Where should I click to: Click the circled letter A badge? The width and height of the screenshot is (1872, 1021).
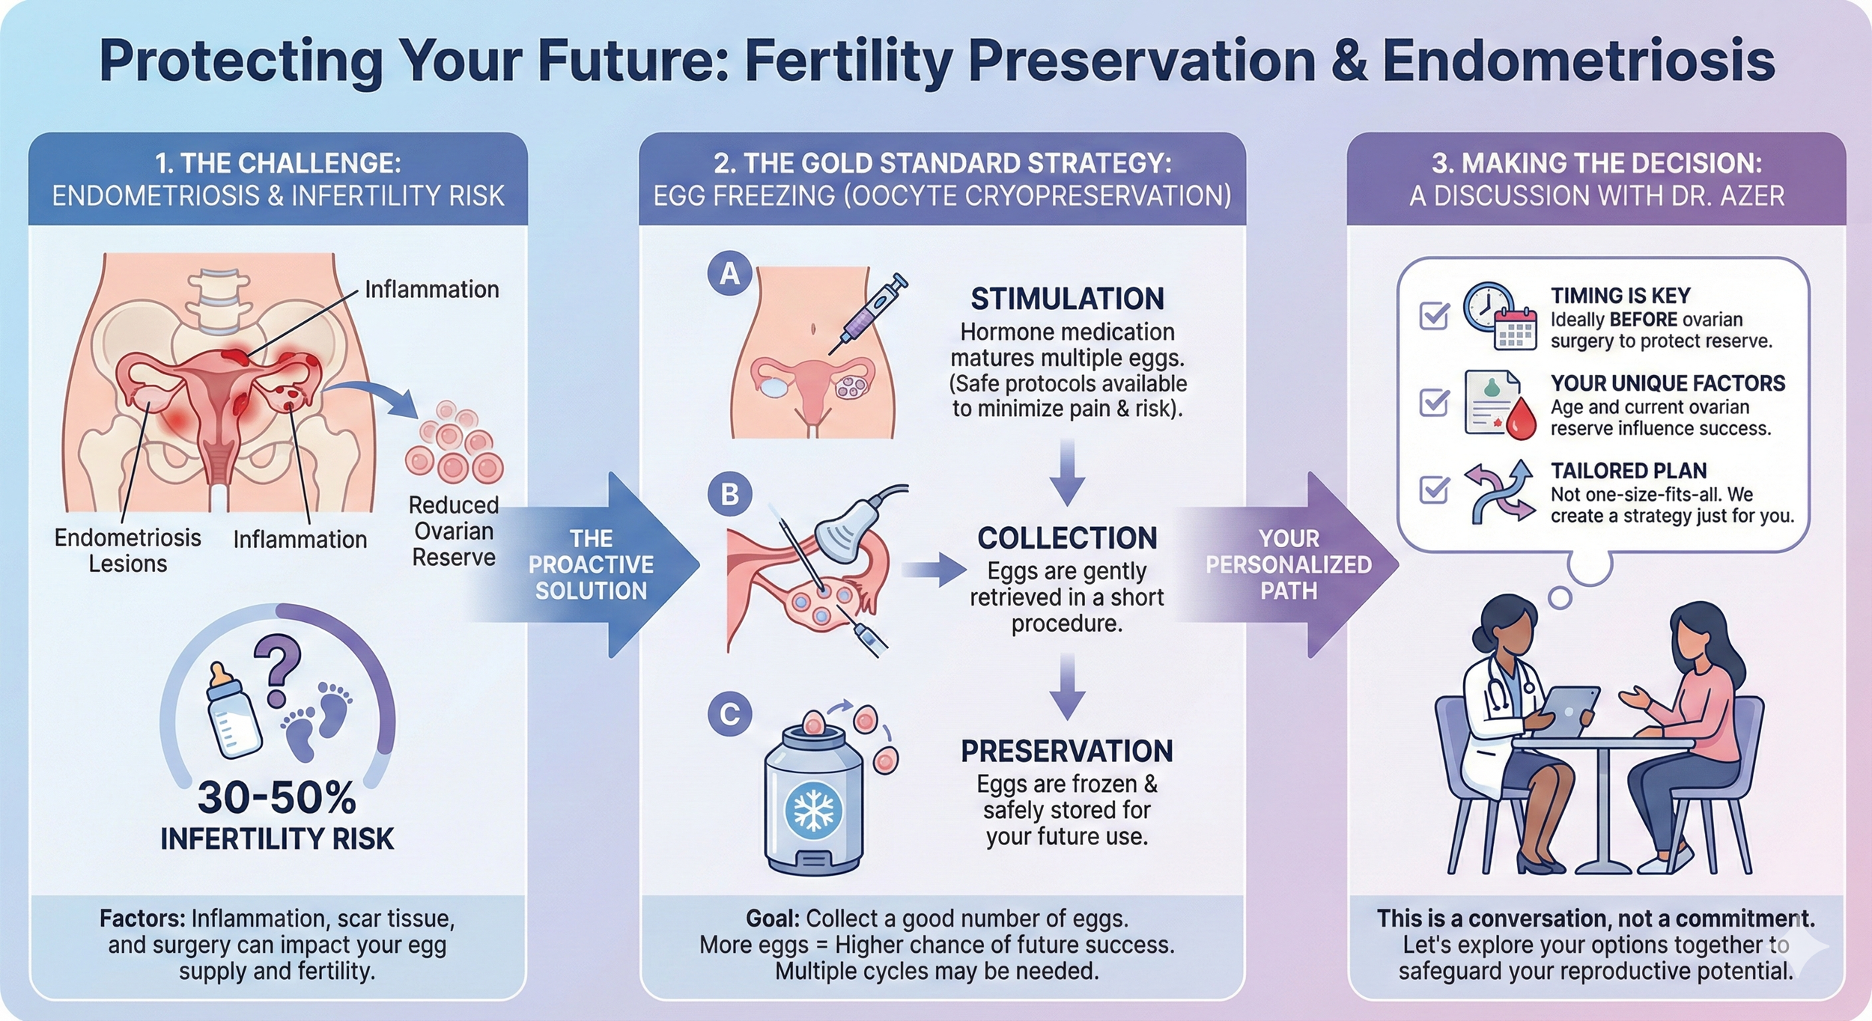[729, 273]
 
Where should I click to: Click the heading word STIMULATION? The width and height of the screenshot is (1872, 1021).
[1067, 299]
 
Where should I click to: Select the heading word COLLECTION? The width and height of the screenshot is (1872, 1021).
[1067, 538]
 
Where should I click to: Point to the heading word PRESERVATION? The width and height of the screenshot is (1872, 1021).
[1067, 751]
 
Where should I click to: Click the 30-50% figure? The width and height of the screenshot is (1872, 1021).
[277, 798]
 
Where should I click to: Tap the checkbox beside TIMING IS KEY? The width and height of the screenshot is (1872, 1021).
[1434, 315]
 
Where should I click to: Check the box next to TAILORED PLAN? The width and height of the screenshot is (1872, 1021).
[1434, 490]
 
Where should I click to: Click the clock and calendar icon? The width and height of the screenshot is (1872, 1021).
[1500, 317]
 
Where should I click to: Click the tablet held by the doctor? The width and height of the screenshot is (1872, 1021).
[1565, 711]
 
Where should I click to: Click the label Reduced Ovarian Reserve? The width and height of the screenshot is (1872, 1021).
[454, 531]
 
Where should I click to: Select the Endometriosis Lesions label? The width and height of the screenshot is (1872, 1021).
[128, 550]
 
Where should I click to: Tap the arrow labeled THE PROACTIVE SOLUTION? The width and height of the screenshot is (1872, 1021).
[592, 564]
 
